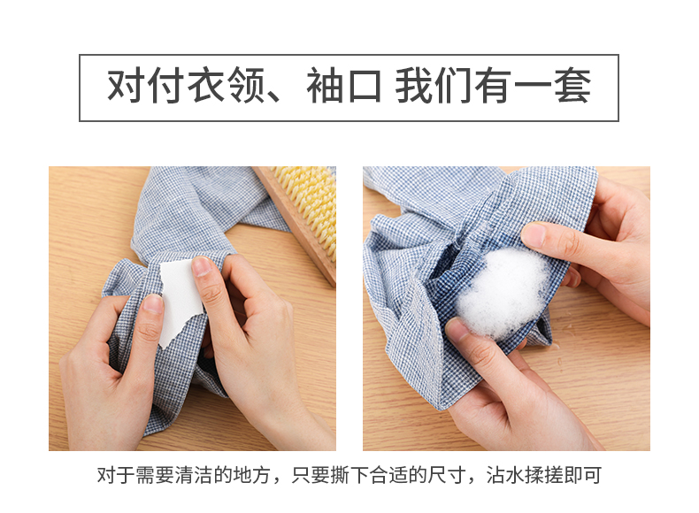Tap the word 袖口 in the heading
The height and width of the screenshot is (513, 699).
click(x=343, y=86)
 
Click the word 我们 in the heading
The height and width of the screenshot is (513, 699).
click(x=434, y=86)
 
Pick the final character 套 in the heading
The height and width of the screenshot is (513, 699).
click(x=572, y=86)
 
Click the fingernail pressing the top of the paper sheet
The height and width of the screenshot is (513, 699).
click(x=202, y=266)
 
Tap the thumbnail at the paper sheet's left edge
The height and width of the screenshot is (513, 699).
click(x=153, y=303)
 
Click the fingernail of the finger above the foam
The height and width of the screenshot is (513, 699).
click(x=534, y=234)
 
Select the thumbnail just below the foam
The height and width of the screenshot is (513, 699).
click(x=457, y=329)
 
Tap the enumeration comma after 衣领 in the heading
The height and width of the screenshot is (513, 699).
click(x=273, y=97)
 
